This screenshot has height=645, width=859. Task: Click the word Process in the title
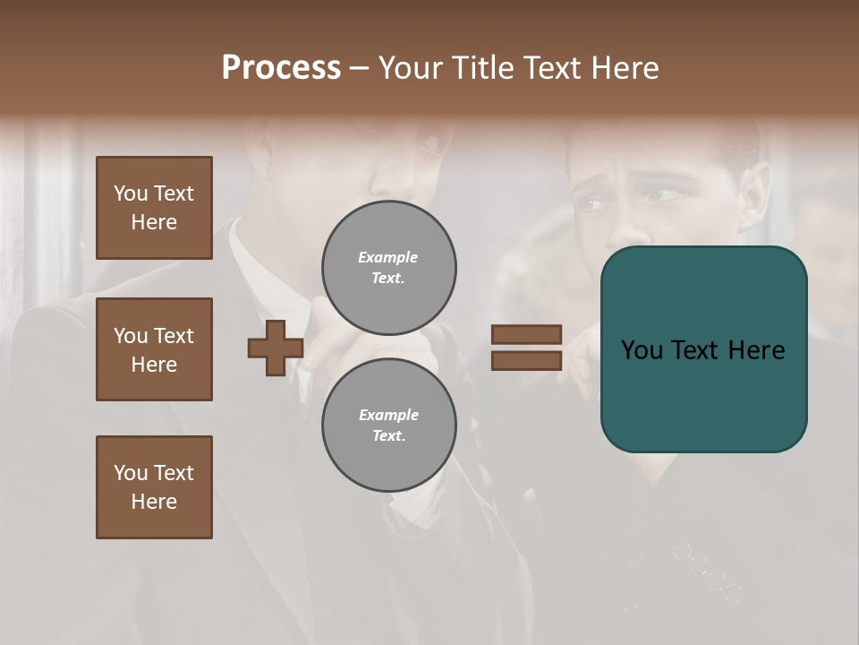pos(281,68)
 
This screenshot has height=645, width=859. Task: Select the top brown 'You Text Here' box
pos(154,208)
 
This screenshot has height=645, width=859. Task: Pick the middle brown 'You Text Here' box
pos(154,349)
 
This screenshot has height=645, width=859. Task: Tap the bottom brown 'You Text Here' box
pos(154,487)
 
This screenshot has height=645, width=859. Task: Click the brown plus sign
pos(276,348)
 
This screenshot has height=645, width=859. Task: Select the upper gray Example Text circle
pos(388,267)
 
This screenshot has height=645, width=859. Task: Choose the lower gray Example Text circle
pos(388,425)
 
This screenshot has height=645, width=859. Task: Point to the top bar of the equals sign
pos(526,335)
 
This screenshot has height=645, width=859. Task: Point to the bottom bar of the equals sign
pos(526,361)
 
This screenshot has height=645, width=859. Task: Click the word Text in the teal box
pos(702,350)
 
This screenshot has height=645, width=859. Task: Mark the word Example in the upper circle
pos(388,257)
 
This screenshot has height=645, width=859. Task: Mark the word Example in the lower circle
pos(388,415)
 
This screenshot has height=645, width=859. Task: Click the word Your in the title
pos(412,68)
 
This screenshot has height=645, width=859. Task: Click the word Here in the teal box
pos(756,350)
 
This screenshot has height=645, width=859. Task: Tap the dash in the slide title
pos(360,68)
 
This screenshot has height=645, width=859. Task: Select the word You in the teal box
pos(642,350)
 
